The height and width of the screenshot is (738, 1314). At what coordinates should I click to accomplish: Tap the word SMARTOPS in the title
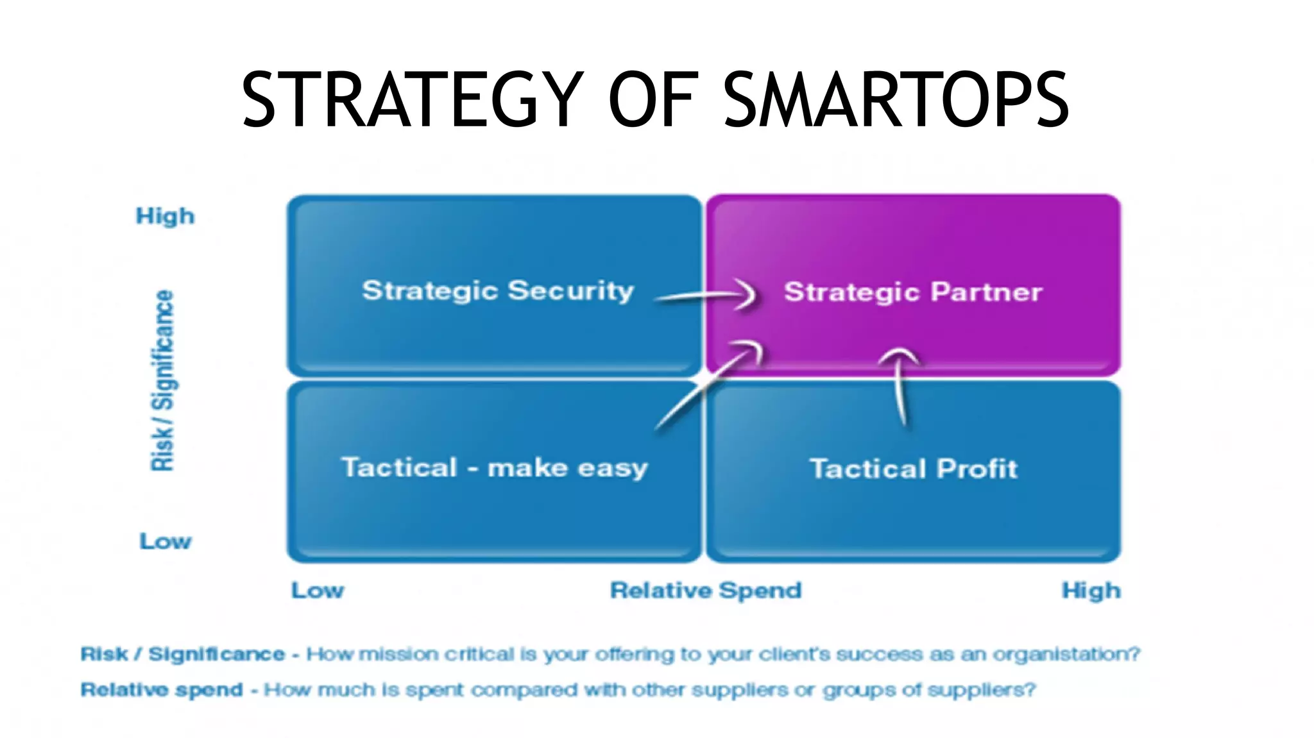coord(896,100)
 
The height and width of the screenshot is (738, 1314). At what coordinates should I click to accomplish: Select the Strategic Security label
coord(498,290)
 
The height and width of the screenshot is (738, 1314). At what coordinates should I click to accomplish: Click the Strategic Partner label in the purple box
coord(912,292)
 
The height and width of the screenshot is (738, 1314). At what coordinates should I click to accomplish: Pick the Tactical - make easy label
coord(494,467)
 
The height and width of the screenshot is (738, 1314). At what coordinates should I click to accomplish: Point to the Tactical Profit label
coord(913,469)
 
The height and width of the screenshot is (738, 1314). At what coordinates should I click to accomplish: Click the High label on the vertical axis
coord(165,216)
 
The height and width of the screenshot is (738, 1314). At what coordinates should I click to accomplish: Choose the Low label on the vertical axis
coord(166,541)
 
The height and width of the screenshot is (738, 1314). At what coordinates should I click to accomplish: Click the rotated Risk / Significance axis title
coord(162,380)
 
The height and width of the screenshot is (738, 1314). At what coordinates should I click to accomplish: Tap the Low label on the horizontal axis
coord(318,590)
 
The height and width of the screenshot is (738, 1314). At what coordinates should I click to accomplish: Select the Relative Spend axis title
coord(706,590)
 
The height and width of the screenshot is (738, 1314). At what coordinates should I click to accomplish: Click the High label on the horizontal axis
coord(1091,590)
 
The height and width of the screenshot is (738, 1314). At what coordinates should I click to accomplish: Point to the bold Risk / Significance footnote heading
coord(182,654)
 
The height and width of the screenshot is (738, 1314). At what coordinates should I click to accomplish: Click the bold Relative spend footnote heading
coord(162,690)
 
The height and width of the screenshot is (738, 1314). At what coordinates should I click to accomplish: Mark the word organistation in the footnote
coord(1066,654)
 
